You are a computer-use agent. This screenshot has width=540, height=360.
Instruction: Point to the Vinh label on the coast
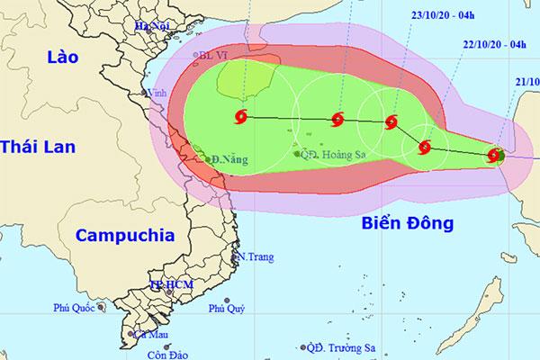[162, 92]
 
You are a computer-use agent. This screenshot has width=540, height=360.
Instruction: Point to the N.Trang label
[254, 257]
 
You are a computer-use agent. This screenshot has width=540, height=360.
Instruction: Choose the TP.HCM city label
[168, 285]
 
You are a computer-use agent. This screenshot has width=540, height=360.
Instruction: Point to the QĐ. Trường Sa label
[342, 347]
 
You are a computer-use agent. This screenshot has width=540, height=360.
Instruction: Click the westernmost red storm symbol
[242, 116]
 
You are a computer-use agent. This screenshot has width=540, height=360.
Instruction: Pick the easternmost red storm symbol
[494, 156]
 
